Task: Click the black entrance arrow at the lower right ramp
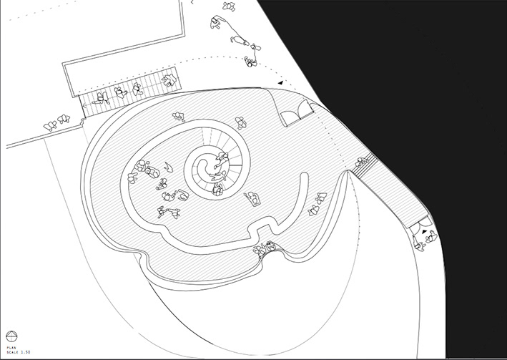coord(425,232)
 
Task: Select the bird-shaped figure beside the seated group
coord(168,166)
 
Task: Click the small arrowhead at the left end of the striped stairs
coord(83,106)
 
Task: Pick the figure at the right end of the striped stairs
coord(169,79)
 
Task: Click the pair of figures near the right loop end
coord(314,210)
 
